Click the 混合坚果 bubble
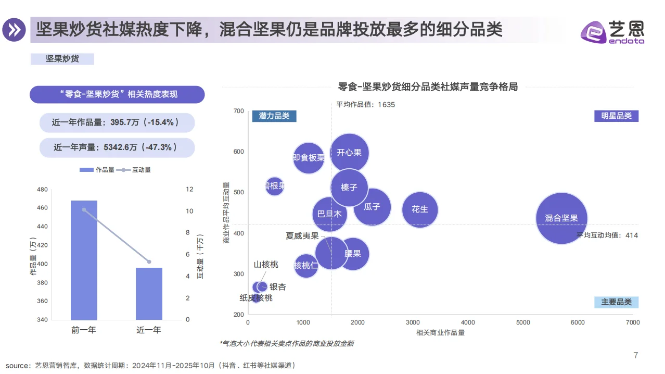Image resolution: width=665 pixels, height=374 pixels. click(x=561, y=218)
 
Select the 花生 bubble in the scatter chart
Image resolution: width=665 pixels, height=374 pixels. click(x=420, y=209)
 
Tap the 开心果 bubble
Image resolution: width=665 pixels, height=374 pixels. click(x=349, y=153)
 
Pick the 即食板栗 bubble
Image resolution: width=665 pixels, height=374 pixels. click(x=309, y=157)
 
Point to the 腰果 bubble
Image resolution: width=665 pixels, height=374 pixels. click(x=354, y=254)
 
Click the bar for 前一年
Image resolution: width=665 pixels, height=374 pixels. click(x=84, y=260)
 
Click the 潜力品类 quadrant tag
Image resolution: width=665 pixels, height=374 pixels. click(x=274, y=116)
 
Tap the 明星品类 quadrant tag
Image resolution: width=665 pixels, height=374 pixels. click(x=616, y=116)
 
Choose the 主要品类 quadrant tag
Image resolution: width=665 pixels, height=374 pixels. click(x=616, y=302)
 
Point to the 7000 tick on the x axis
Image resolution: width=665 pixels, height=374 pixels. click(x=633, y=323)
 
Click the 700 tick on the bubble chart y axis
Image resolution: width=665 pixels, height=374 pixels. click(x=239, y=111)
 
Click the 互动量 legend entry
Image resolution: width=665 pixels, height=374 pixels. click(x=136, y=170)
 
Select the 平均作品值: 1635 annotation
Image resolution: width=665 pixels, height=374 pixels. click(x=365, y=105)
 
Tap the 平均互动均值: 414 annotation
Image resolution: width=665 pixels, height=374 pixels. click(x=607, y=235)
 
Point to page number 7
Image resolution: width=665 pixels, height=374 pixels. click(x=635, y=356)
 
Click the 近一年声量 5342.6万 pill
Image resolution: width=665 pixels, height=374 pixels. click(x=117, y=148)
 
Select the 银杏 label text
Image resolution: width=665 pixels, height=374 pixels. click(x=277, y=287)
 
